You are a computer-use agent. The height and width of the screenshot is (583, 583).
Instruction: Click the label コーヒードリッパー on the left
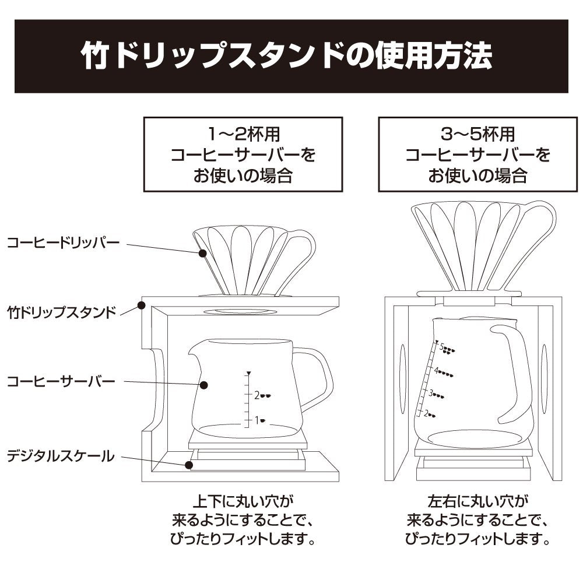pyautogui.click(x=63, y=241)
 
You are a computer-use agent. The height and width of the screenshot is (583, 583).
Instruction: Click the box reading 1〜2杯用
pyautogui.click(x=243, y=155)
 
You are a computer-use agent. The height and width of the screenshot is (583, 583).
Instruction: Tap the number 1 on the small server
pyautogui.click(x=255, y=420)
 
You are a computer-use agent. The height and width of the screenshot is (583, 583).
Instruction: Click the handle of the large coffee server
pyautogui.click(x=516, y=373)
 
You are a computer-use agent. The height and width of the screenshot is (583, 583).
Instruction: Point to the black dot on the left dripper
pyautogui.click(x=202, y=253)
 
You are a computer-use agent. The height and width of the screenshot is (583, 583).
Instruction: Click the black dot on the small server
pyautogui.click(x=203, y=385)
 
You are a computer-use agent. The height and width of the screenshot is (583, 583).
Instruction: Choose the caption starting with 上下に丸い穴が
pyautogui.click(x=243, y=519)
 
